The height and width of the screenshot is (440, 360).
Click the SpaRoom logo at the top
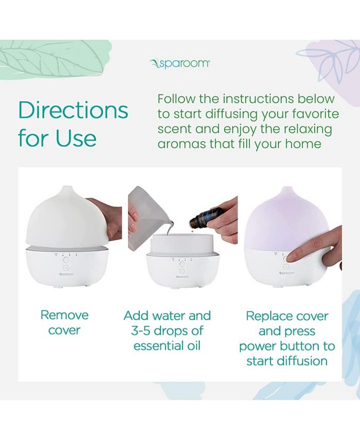pos(180,63)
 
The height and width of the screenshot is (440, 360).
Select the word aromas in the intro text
pos(182,144)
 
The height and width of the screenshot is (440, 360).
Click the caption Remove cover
pos(64,322)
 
